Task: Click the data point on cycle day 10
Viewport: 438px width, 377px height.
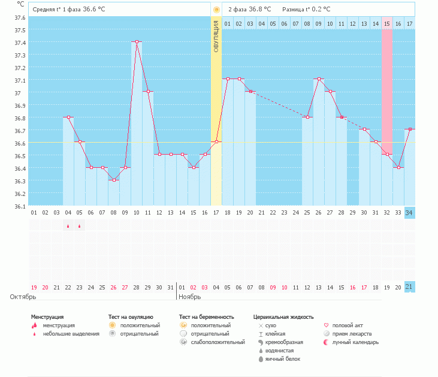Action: (x=137, y=41)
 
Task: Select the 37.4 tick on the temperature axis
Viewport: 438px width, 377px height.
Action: (x=20, y=43)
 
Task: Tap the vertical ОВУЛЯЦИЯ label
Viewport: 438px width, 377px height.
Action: (x=216, y=36)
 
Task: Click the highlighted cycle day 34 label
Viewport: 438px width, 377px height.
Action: (x=409, y=213)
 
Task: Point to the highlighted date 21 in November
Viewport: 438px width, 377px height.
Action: (x=409, y=287)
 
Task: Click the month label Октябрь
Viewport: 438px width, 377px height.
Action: (x=23, y=297)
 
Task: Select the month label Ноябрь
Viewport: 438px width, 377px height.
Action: (x=190, y=297)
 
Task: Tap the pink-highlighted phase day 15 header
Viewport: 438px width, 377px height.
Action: (x=387, y=23)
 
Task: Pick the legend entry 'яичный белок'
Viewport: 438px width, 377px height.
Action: (x=283, y=359)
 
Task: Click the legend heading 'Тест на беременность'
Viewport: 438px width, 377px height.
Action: (x=206, y=317)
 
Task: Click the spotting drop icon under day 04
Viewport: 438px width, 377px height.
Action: (x=68, y=226)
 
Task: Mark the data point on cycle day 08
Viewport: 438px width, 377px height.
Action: (x=114, y=180)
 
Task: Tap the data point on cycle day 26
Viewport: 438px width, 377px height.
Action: (x=319, y=79)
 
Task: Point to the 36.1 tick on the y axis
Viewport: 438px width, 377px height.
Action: (x=20, y=206)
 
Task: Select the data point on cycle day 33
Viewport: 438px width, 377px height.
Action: (x=399, y=167)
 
